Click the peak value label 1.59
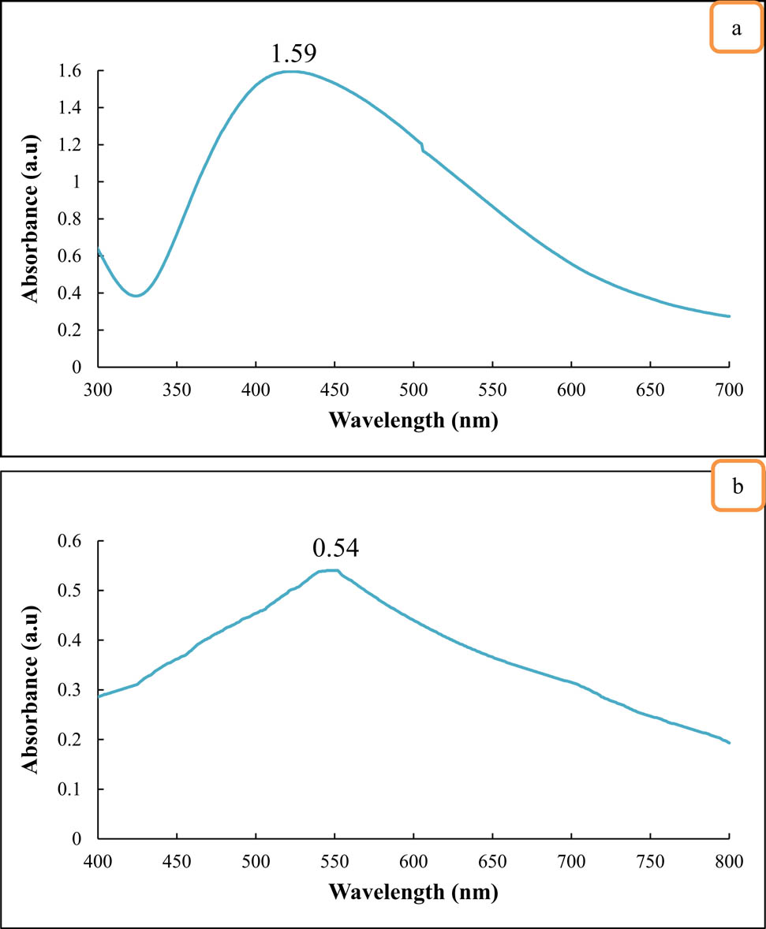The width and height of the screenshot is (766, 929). [293, 54]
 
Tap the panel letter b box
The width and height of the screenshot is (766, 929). [737, 487]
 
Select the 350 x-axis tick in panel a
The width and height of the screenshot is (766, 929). [177, 388]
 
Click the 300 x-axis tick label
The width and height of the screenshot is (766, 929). [98, 388]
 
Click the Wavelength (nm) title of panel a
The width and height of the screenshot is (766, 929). [413, 420]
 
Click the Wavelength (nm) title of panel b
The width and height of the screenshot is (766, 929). [413, 892]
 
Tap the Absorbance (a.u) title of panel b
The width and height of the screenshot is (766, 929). [32, 689]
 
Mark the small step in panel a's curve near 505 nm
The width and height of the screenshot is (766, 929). [423, 147]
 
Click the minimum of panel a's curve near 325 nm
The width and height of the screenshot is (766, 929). [136, 296]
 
